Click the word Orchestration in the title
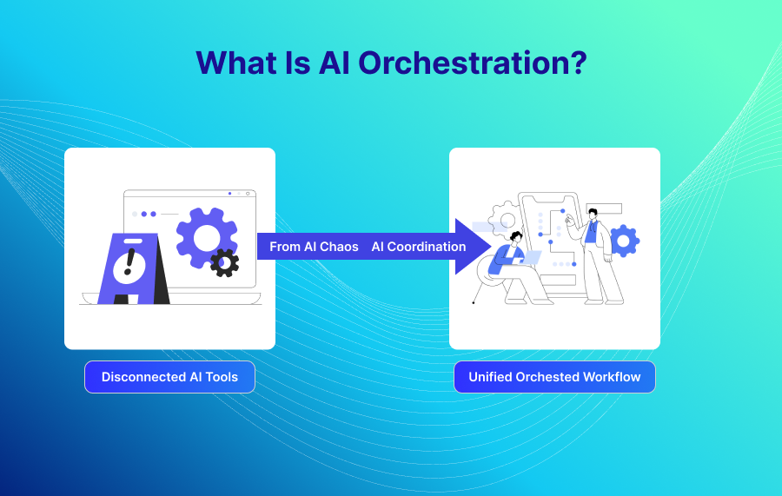tap(464, 63)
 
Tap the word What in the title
tap(236, 63)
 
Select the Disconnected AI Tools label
tap(169, 377)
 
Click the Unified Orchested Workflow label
tap(554, 377)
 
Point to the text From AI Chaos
tap(314, 247)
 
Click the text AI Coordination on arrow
tap(419, 247)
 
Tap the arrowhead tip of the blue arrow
tap(491, 246)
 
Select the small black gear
tap(224, 262)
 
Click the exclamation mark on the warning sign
tap(129, 262)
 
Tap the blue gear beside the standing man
tap(624, 241)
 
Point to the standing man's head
tap(593, 215)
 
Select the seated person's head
tap(515, 237)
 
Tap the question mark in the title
tap(579, 63)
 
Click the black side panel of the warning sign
tap(161, 269)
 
